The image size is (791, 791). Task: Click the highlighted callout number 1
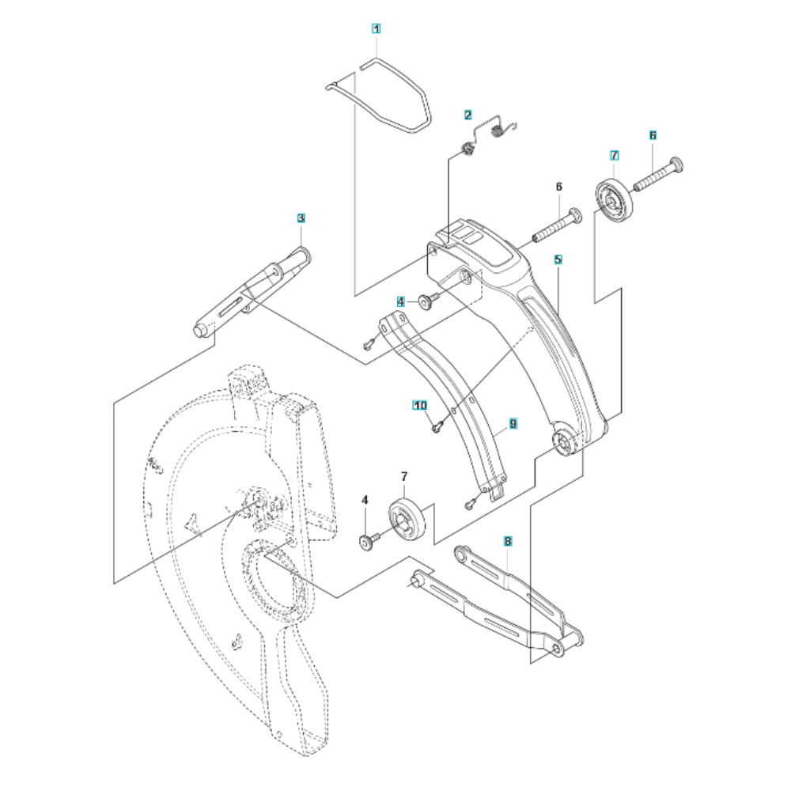coord(376,28)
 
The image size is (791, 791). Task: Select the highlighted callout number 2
coord(468,115)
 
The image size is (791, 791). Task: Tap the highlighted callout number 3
coord(301,218)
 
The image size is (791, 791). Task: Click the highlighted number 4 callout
coord(400,301)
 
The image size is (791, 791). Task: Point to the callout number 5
coord(558,259)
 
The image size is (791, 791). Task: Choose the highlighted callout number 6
coord(653,135)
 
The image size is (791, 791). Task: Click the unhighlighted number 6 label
coord(558,187)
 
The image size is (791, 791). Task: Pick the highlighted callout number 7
coord(615,155)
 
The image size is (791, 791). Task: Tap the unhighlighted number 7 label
coord(404,476)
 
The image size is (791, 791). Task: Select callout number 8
coord(508,541)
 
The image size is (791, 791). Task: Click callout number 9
coord(513,424)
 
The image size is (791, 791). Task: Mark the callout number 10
coord(420,406)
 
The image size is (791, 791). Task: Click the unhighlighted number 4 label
coord(365,500)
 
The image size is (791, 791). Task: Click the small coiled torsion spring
coord(498,131)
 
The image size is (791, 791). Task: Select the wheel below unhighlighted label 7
coord(407,520)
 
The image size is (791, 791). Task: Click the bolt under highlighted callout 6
coord(658,175)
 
